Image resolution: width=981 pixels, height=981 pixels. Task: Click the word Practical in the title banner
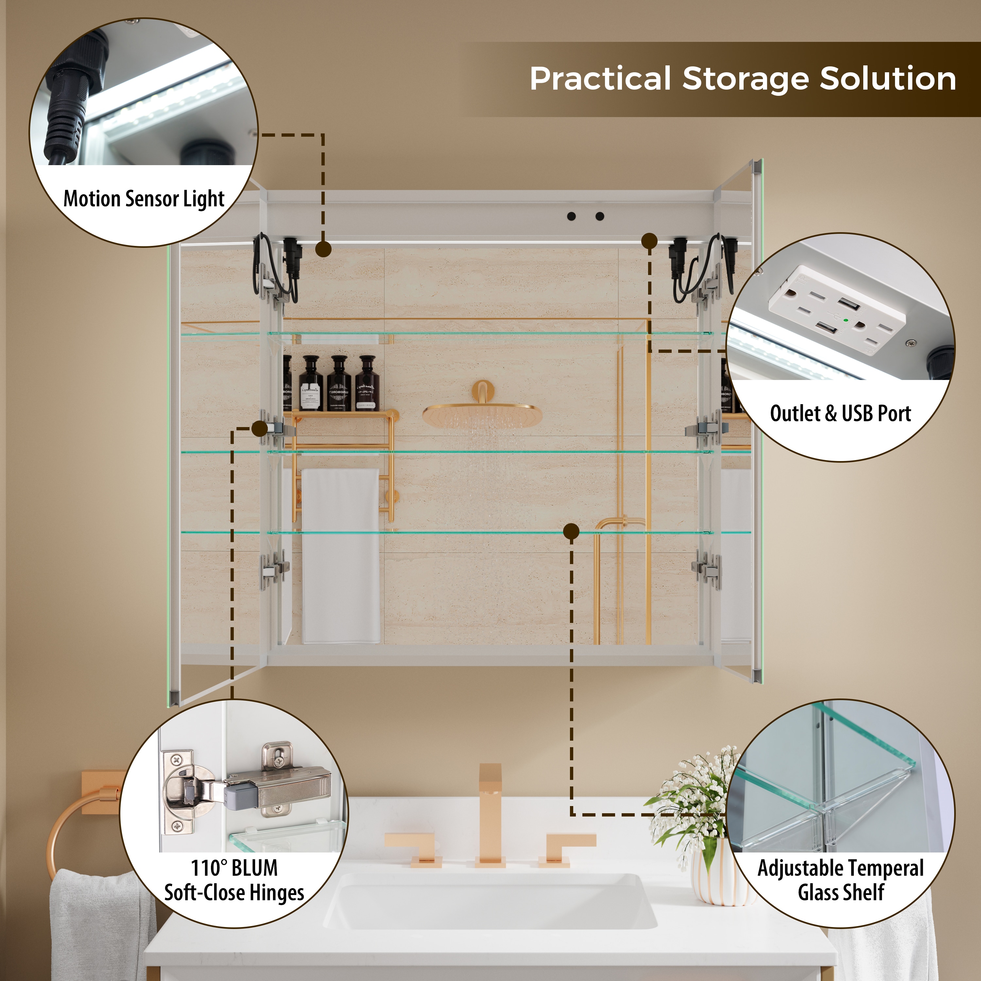pos(600,79)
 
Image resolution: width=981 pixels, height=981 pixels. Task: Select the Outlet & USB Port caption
pos(840,413)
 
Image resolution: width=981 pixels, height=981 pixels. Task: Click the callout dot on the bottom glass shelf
pos(571,532)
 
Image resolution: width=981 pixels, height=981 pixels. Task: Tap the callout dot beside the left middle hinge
pos(259,429)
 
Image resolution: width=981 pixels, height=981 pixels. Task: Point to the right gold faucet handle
pos(567,849)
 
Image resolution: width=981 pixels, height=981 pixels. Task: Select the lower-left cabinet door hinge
pos(274,570)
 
